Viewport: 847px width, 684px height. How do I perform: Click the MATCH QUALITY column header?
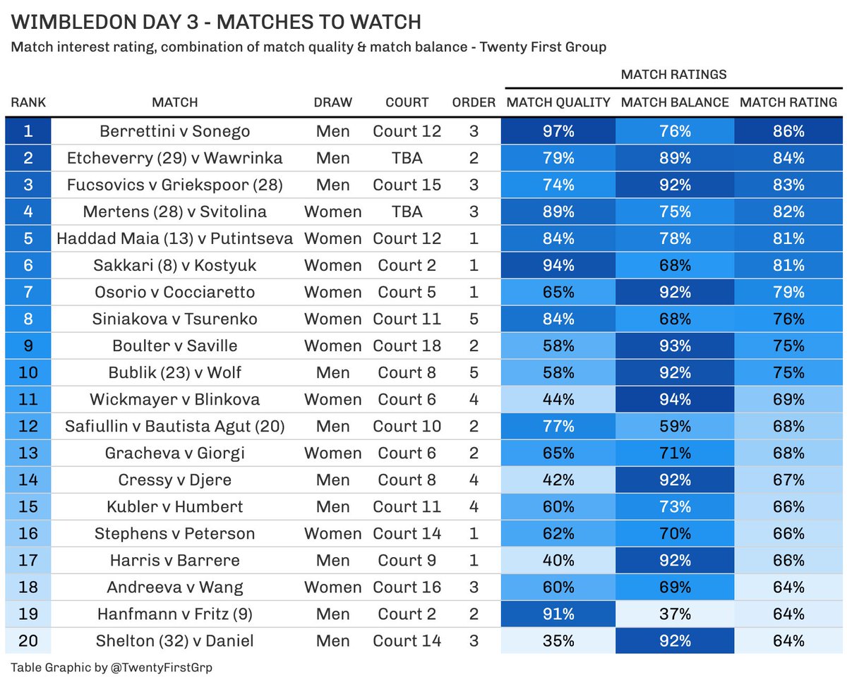coord(558,102)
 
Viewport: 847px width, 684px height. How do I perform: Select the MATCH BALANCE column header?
coord(675,102)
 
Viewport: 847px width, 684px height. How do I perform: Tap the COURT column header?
coord(407,102)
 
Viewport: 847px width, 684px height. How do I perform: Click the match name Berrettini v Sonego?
coord(175,131)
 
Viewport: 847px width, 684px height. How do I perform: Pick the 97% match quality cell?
coord(558,131)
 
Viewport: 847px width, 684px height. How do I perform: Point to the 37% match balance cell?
coord(675,613)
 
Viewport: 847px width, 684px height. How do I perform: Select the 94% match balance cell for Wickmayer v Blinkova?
coord(675,399)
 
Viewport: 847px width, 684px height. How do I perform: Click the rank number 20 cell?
coord(28,640)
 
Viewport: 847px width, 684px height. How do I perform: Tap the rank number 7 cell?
coord(28,292)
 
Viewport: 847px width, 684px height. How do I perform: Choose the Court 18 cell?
coord(407,346)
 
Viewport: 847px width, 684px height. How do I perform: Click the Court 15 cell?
coord(407,185)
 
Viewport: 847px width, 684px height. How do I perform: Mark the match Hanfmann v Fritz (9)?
coord(175,613)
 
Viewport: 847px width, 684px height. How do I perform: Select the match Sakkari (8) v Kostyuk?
coord(175,265)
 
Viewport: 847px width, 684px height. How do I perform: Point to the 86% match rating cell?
coord(788,131)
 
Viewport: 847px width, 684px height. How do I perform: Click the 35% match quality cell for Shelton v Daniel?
coord(558,640)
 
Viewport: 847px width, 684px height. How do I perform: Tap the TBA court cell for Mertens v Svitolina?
coord(407,212)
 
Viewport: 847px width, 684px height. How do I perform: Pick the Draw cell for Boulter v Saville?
coord(332,346)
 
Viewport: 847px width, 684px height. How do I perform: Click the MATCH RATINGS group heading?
coord(673,74)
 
